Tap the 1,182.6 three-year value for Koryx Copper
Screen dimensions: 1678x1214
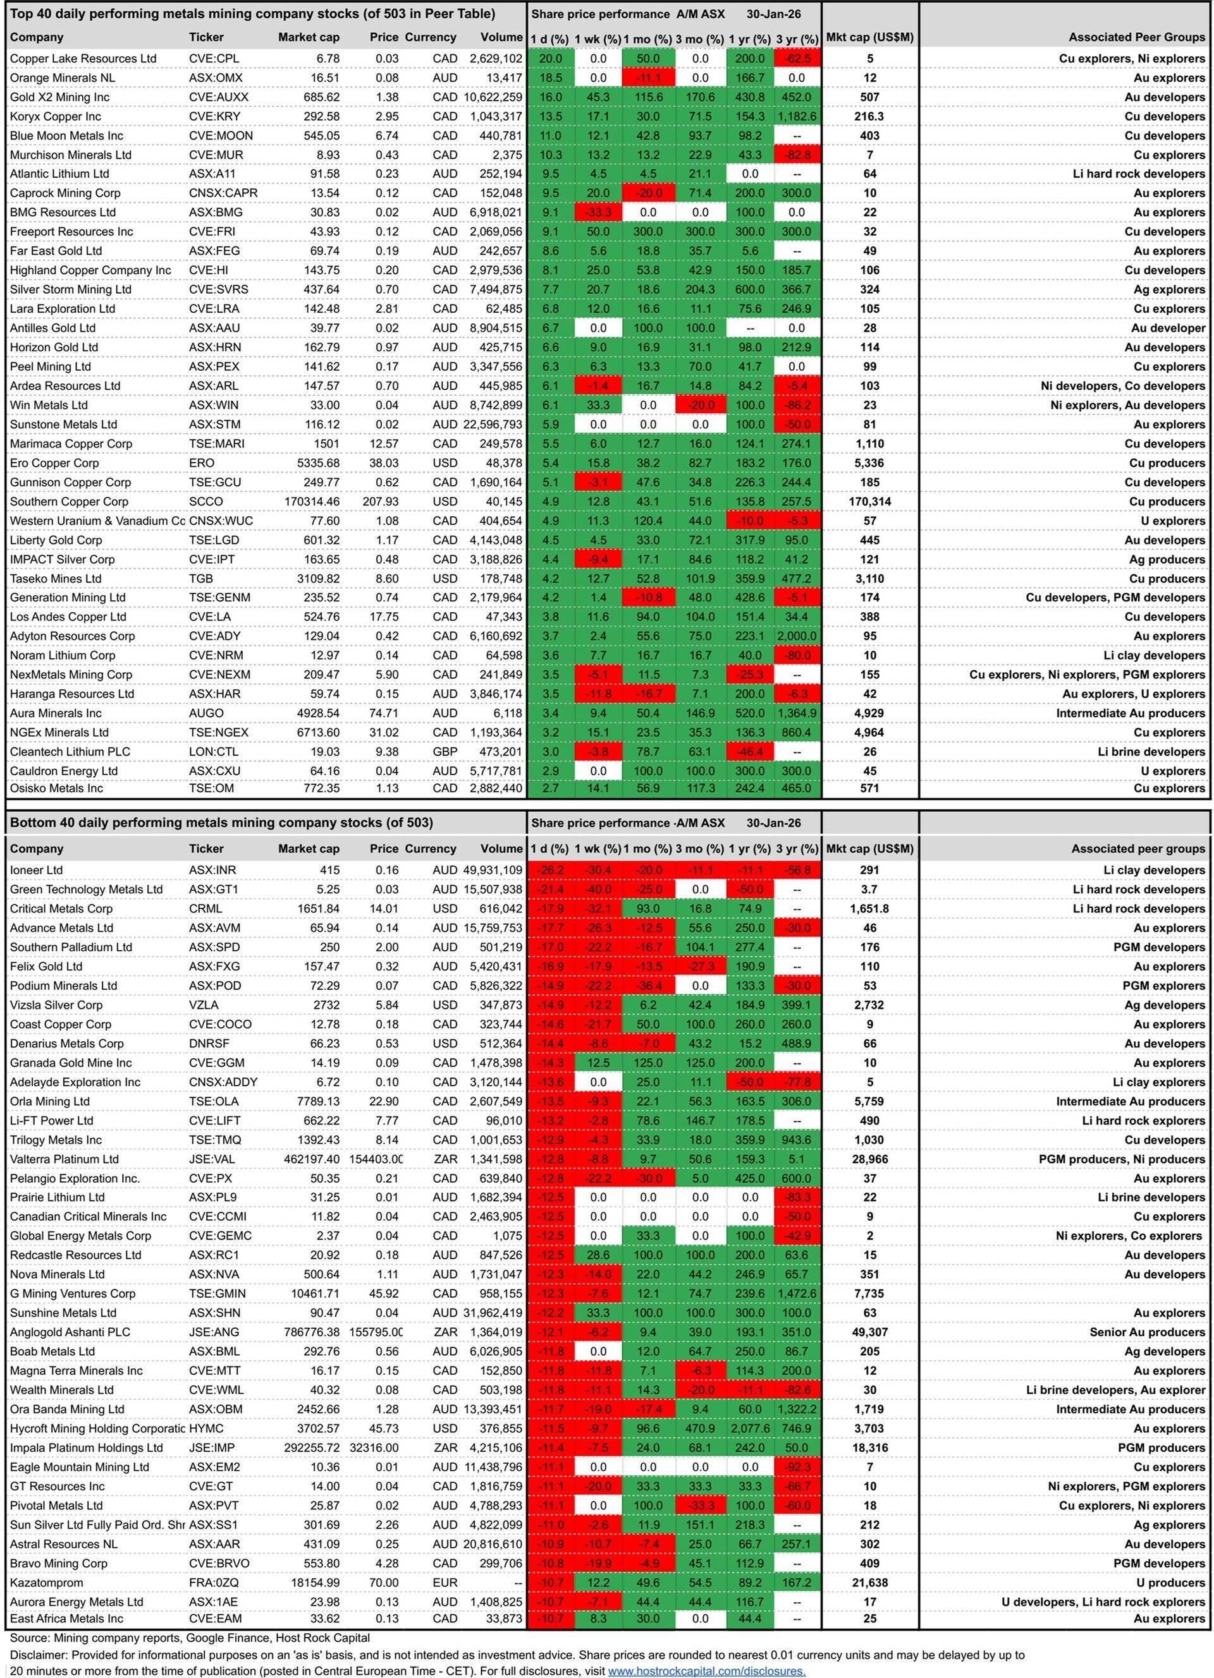click(x=797, y=116)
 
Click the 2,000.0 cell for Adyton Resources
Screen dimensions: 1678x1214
click(x=797, y=636)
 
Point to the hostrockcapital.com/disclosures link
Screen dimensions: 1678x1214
click(x=706, y=1670)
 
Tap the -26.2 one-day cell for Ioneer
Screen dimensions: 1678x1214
click(x=550, y=869)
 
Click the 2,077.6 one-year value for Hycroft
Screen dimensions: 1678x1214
click(x=749, y=1428)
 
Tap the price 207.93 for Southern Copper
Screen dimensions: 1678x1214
click(x=381, y=501)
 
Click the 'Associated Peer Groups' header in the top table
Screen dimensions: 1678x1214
click(x=1136, y=37)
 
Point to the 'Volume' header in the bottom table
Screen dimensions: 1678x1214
click(x=501, y=848)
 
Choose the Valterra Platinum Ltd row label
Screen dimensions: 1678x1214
click(x=64, y=1159)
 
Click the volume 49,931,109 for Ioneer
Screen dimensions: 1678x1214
click(x=491, y=869)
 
